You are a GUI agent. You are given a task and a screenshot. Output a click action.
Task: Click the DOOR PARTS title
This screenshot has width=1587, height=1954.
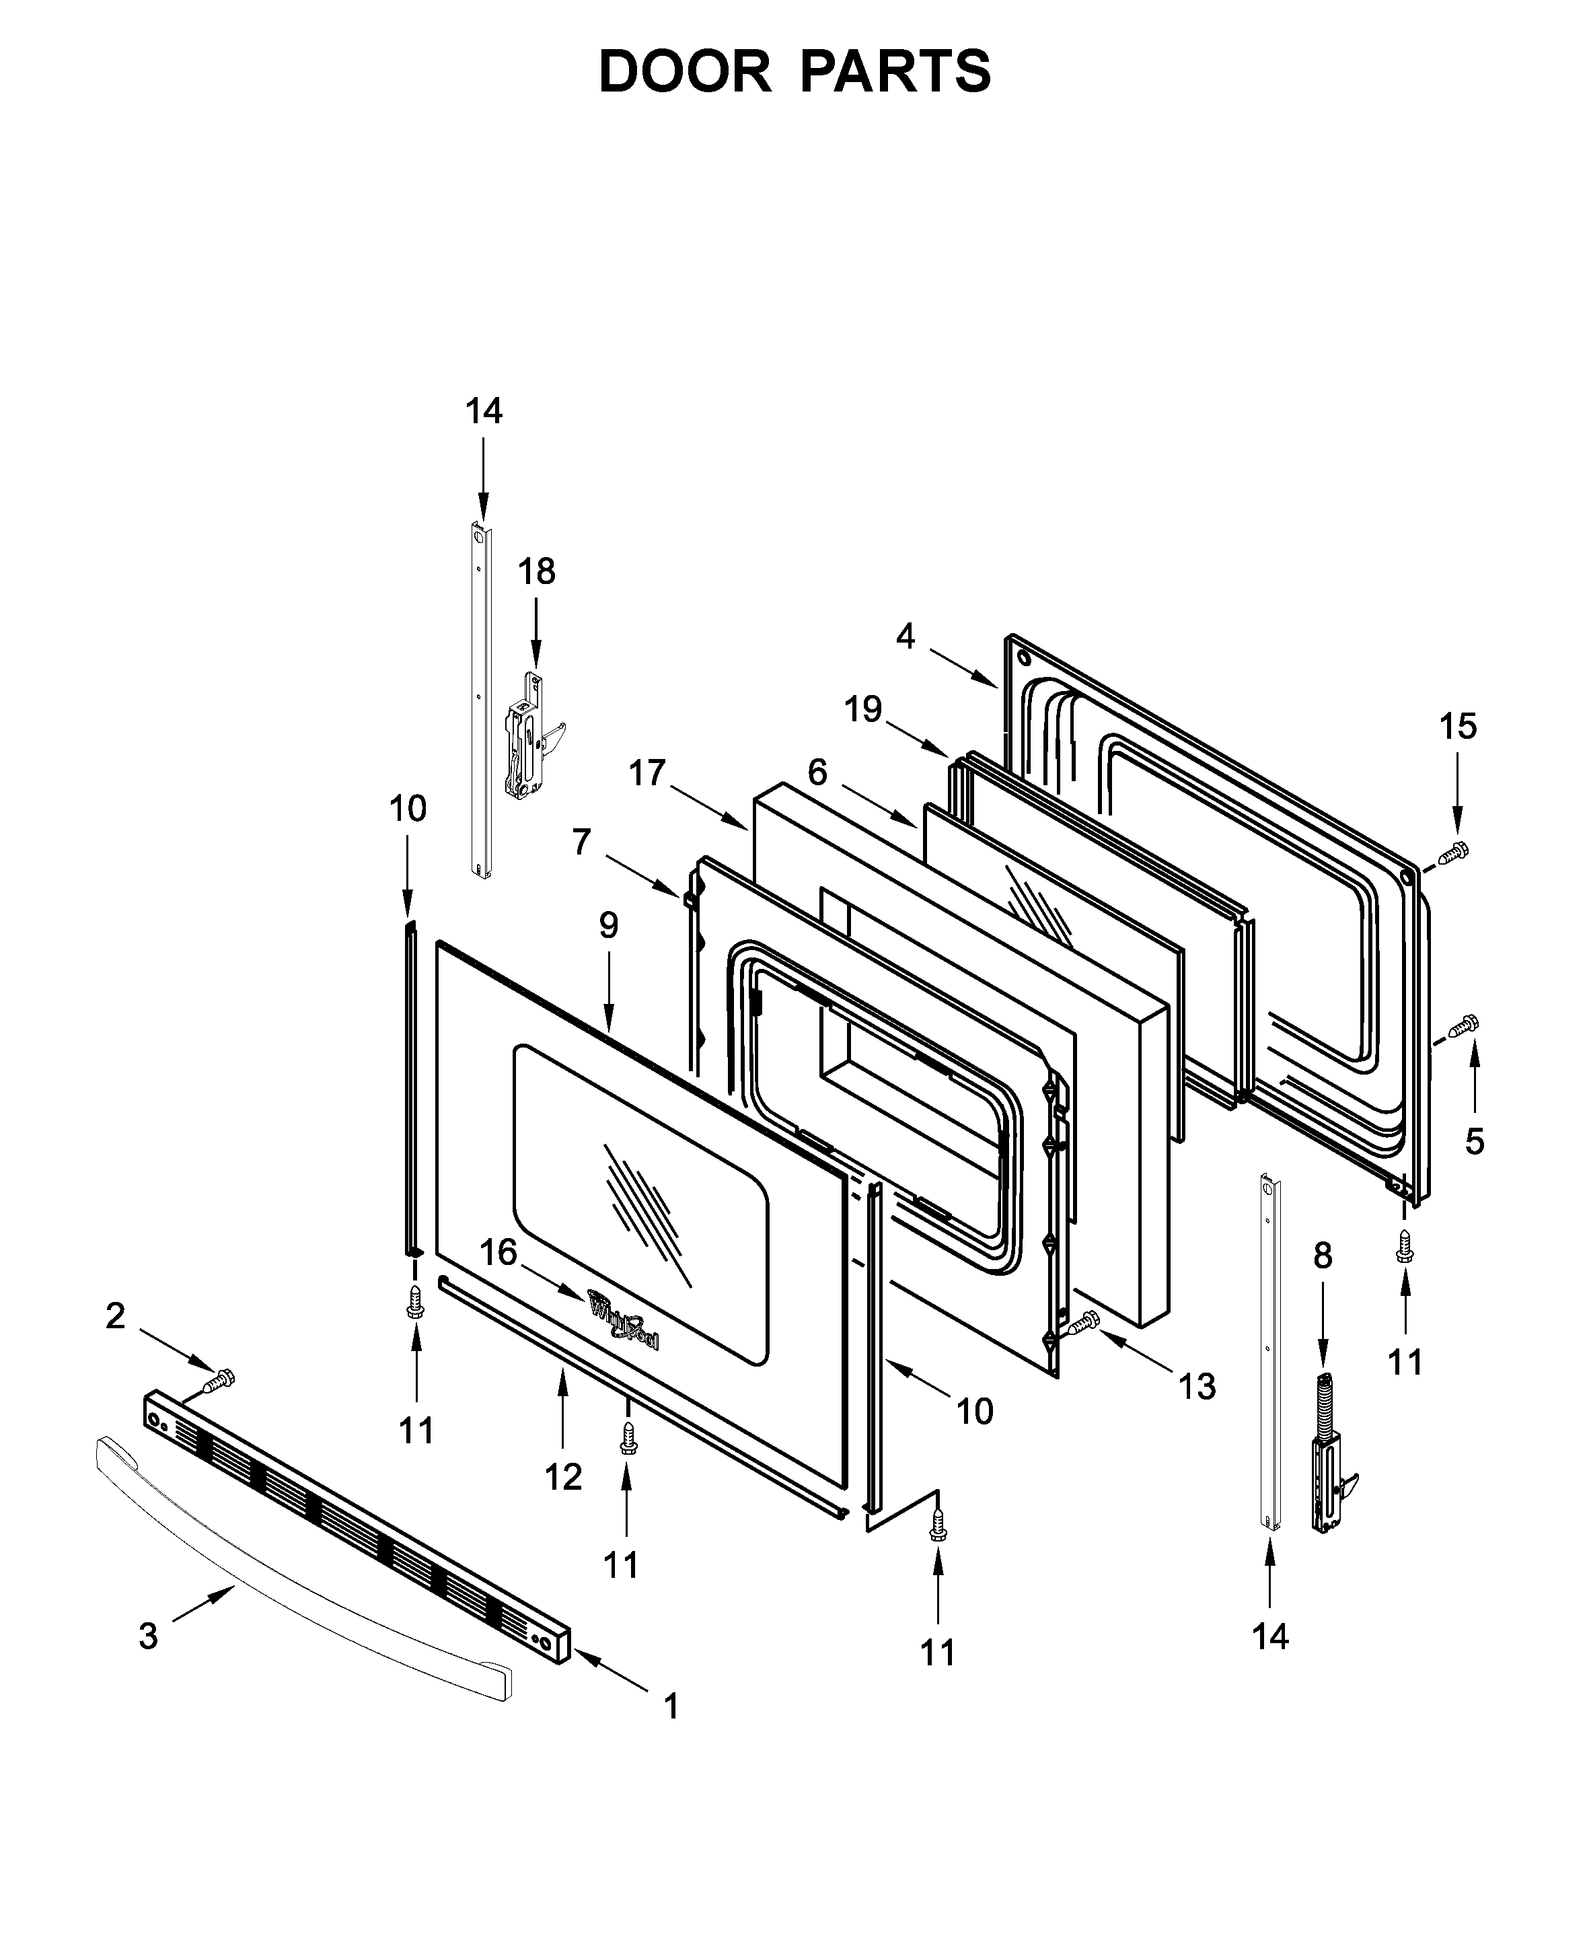tap(794, 72)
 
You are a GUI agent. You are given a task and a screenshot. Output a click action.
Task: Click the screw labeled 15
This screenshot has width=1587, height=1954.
tap(1454, 853)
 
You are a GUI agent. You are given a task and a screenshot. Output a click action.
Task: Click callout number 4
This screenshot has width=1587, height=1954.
tap(905, 635)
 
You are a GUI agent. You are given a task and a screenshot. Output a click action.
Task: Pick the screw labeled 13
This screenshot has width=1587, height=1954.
tap(1084, 1322)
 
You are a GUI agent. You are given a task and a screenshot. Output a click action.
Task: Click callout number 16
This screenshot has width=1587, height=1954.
tap(499, 1252)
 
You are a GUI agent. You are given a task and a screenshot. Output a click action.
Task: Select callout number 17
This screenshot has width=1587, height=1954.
tap(647, 774)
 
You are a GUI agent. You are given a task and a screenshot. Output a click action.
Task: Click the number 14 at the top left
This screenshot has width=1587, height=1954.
tap(484, 412)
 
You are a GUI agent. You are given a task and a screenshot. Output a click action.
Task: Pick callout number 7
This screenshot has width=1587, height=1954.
tap(581, 841)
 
